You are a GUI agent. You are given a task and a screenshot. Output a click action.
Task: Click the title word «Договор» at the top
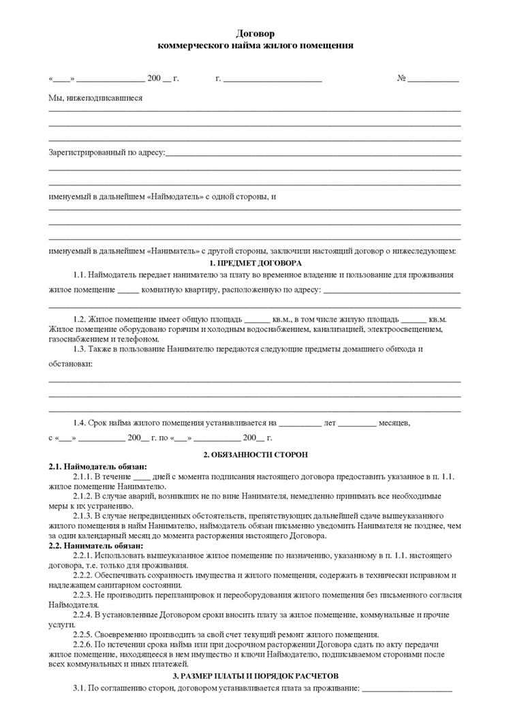coord(255,33)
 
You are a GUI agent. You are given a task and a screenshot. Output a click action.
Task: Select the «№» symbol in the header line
coord(401,78)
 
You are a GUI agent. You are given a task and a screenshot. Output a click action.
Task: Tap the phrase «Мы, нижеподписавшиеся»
coord(95,98)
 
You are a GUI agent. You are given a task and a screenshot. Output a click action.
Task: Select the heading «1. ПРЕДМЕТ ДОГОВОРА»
coord(255,263)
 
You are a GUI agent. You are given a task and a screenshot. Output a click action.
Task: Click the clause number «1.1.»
coord(82,275)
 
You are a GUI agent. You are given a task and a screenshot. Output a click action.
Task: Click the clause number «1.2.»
coord(82,319)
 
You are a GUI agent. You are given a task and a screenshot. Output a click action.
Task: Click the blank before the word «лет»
coord(300,424)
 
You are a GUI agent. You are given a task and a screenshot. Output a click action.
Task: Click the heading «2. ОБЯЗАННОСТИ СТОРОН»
coord(255,454)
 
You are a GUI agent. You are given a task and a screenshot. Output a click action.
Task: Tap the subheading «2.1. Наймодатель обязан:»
coord(97,467)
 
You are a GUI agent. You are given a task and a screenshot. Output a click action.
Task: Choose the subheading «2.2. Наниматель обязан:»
coord(96,546)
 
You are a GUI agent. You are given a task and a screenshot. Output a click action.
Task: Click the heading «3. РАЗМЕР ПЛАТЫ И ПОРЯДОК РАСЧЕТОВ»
coord(255,675)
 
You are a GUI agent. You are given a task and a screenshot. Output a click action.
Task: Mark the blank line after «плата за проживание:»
coord(407,688)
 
